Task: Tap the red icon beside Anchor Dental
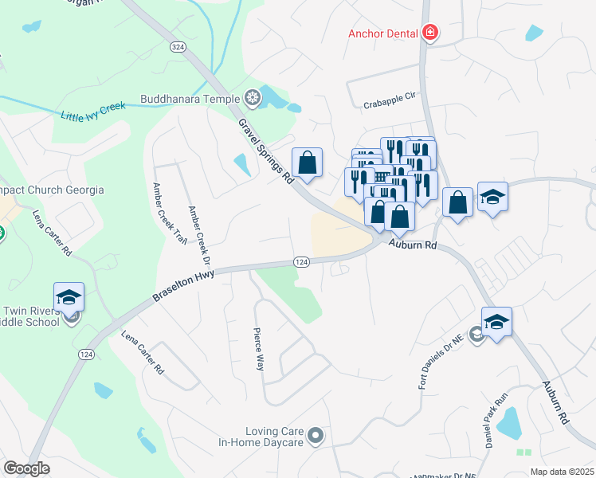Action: tap(430, 33)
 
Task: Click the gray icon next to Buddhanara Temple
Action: tap(253, 99)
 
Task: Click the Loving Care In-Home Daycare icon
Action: tap(316, 435)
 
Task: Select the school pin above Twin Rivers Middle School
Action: tap(69, 296)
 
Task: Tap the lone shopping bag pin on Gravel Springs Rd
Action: tap(307, 163)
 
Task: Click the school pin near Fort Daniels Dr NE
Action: tap(496, 322)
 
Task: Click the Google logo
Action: tap(27, 468)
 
